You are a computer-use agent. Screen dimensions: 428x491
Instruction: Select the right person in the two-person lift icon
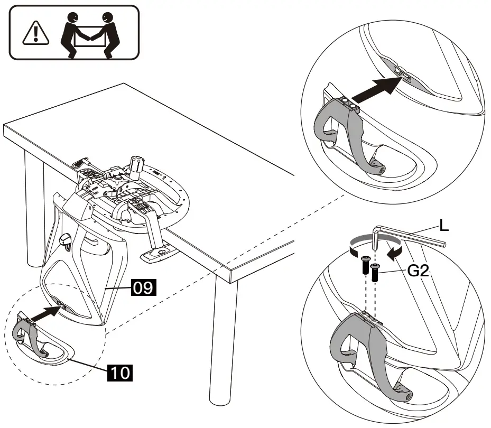pyautogui.click(x=111, y=33)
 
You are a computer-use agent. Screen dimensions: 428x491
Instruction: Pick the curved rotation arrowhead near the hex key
pyautogui.click(x=392, y=255)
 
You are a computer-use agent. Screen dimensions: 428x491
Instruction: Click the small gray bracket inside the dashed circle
pyautogui.click(x=26, y=336)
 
